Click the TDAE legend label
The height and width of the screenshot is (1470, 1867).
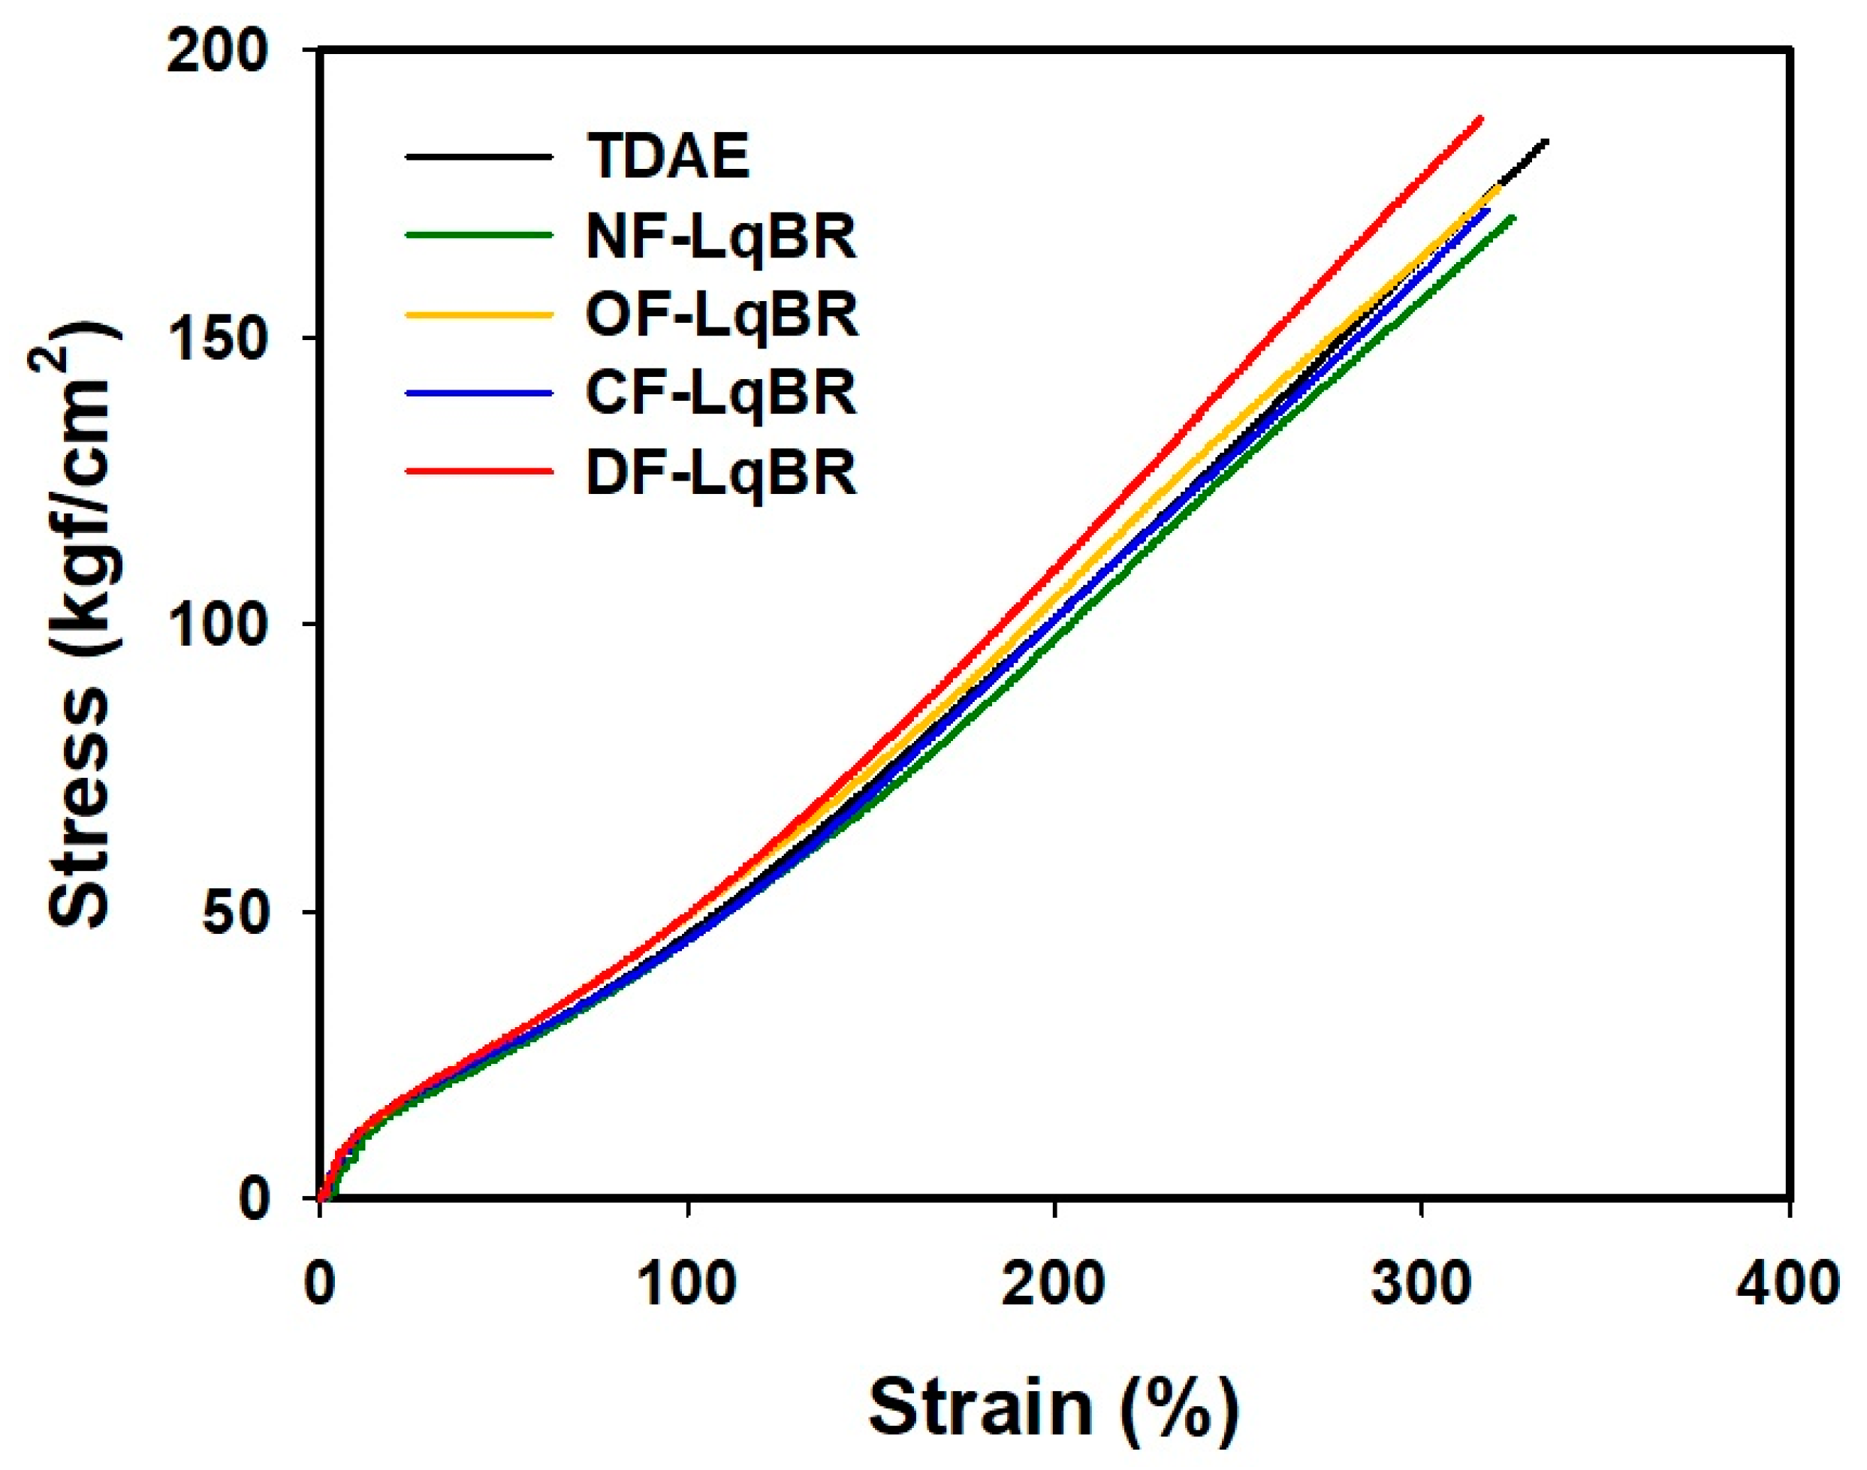coord(668,157)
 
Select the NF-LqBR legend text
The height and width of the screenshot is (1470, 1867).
coord(721,236)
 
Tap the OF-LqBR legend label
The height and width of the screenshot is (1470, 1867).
coord(721,315)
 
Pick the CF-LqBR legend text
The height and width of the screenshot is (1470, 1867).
coord(721,393)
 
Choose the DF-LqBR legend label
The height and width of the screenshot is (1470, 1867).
coord(721,471)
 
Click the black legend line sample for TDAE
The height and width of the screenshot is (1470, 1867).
coord(478,157)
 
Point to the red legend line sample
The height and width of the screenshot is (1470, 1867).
coord(478,471)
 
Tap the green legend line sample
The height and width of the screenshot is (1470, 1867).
coord(478,233)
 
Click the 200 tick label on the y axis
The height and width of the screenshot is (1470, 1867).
coord(218,53)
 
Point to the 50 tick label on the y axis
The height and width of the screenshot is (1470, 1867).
coord(235,913)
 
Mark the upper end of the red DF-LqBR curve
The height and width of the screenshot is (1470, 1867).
coord(1480,119)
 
